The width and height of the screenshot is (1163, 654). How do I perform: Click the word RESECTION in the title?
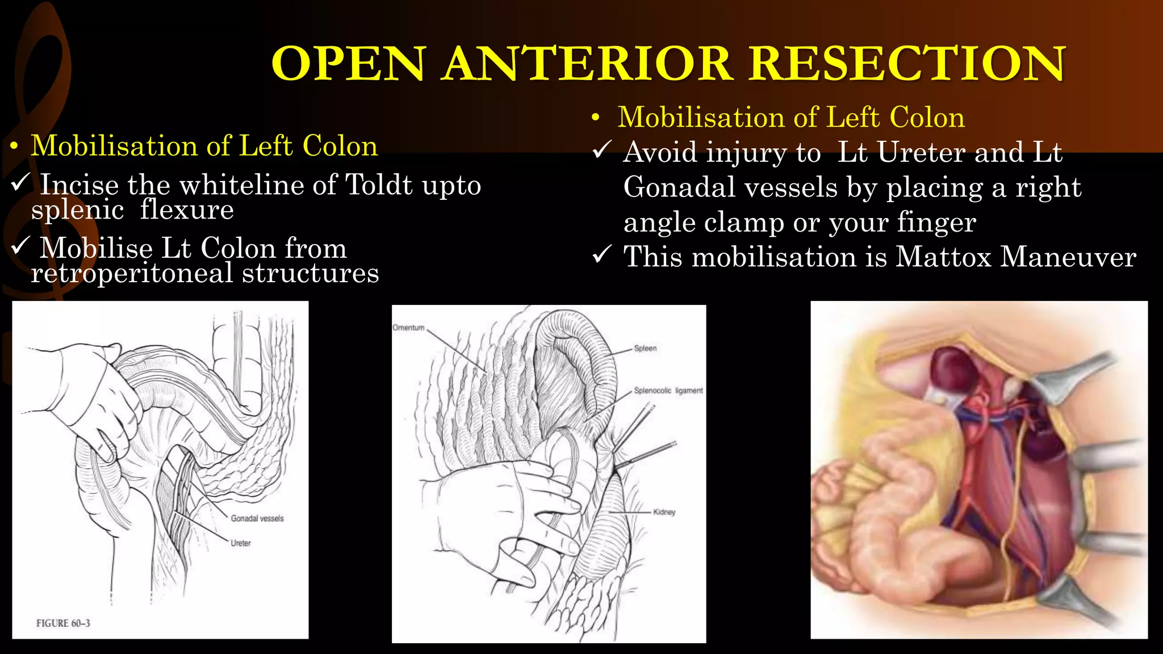[x=907, y=64]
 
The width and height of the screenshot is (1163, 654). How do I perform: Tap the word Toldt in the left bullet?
[x=379, y=185]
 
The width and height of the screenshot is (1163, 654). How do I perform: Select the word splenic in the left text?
[x=77, y=210]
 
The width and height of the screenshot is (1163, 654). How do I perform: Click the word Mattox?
[x=943, y=257]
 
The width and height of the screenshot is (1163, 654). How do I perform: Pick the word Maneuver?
[x=1068, y=257]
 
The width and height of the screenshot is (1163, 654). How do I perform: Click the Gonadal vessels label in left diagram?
[x=257, y=518]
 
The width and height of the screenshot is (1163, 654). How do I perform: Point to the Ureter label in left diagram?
[x=241, y=543]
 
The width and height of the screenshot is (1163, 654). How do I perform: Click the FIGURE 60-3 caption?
[x=63, y=623]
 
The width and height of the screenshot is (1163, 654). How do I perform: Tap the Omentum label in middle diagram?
[x=408, y=328]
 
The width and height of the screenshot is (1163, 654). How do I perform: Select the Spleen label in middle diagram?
[x=645, y=348]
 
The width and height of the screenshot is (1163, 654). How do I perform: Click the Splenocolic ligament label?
[x=668, y=391]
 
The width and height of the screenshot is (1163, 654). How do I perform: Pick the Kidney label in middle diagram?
[x=664, y=512]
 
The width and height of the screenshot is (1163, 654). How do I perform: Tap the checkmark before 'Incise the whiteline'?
[x=20, y=183]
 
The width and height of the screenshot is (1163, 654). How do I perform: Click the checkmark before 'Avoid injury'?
[x=601, y=150]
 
